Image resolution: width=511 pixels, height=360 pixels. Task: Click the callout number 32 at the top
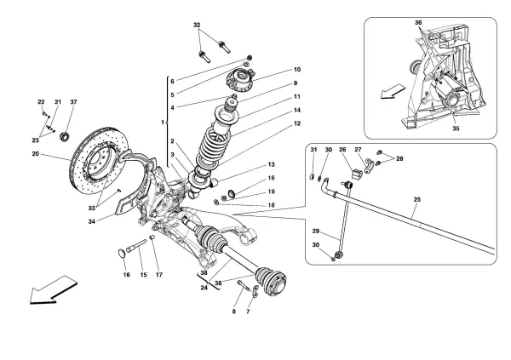tap(198, 25)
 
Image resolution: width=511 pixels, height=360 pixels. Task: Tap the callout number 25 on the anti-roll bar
tap(417, 203)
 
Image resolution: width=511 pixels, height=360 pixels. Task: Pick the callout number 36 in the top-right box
tap(418, 23)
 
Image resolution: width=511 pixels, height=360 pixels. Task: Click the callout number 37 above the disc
tap(74, 103)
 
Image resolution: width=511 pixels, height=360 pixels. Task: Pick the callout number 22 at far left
tap(42, 103)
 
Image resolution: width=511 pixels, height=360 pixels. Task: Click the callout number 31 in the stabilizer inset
tap(313, 151)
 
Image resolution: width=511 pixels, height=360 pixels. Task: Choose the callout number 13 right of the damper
tap(272, 164)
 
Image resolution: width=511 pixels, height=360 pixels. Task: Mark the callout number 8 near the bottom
tap(234, 312)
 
